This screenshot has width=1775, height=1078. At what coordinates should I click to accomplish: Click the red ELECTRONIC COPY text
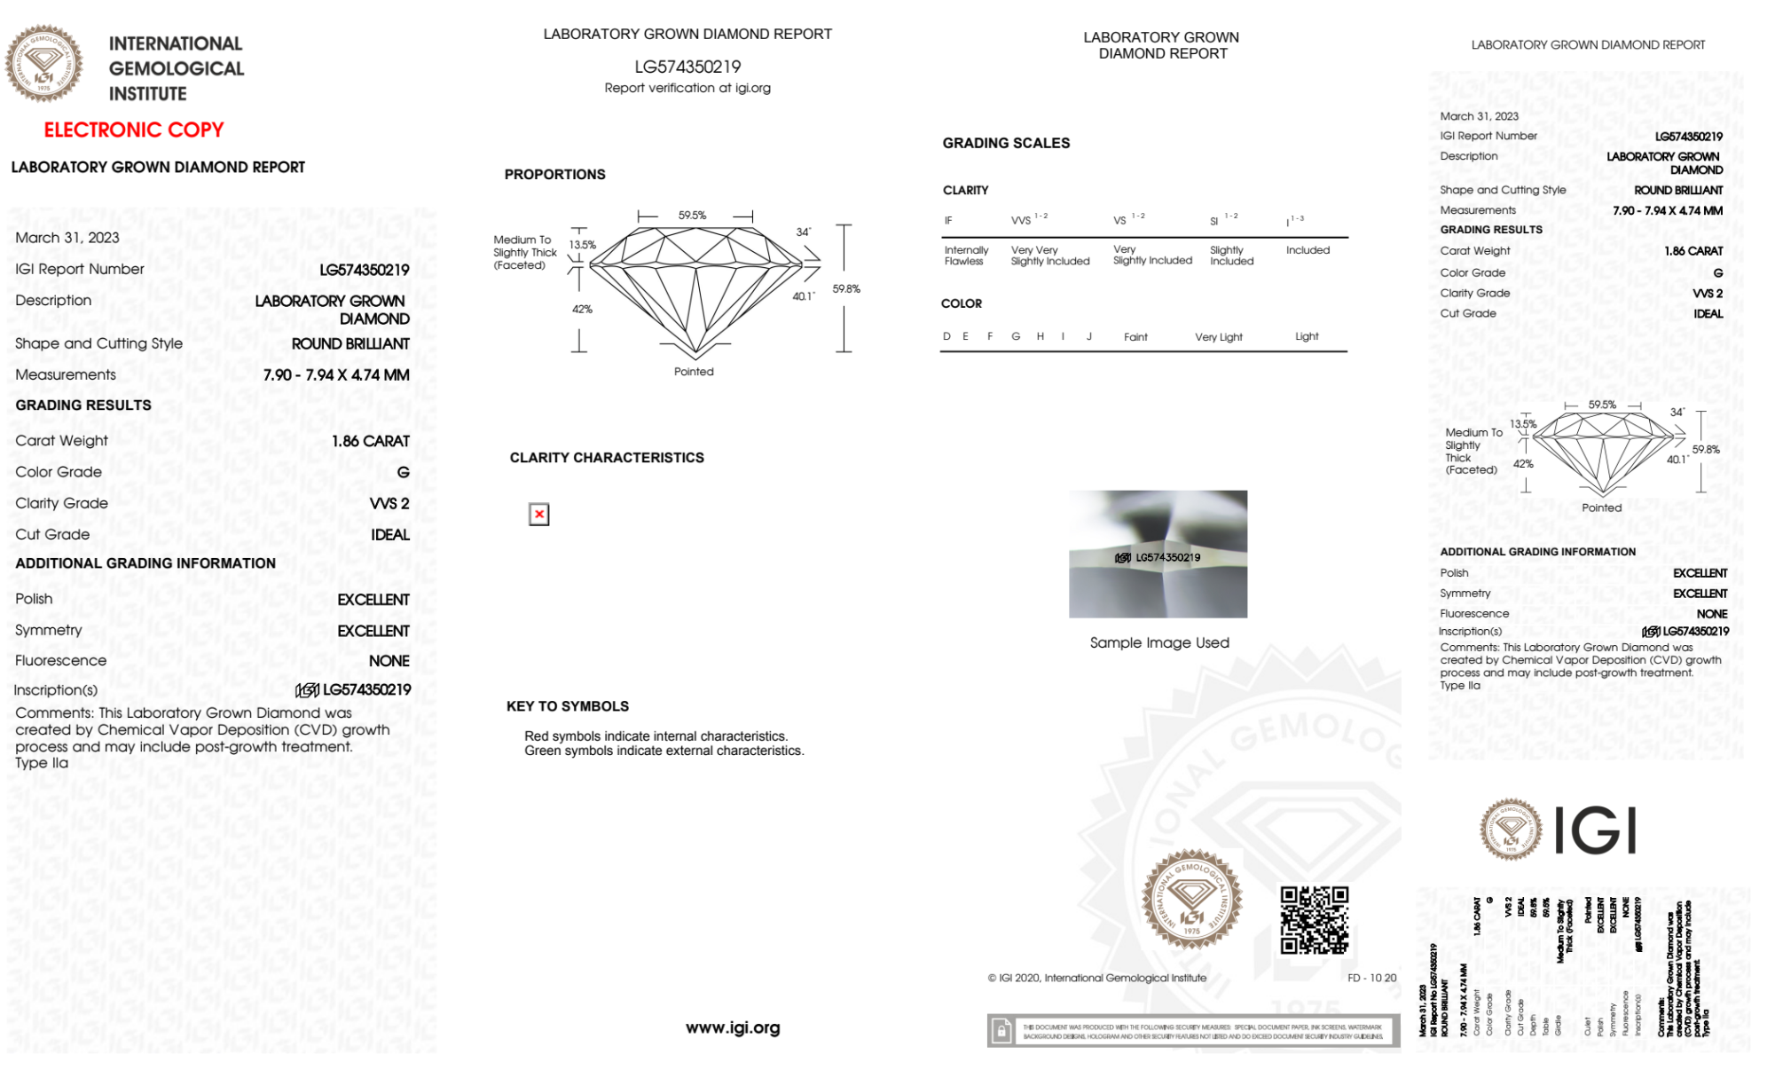pos(133,130)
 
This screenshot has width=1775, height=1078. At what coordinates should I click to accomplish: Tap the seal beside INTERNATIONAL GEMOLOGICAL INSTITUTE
pos(43,64)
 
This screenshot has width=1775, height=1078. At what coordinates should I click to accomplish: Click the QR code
pos(1314,920)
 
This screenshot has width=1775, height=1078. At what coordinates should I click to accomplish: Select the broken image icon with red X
pos(538,515)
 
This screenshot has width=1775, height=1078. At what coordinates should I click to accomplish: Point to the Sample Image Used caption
pos(1158,642)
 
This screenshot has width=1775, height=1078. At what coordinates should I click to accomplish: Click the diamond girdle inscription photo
pos(1158,554)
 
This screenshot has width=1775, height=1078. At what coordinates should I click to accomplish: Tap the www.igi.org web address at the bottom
pos(733,1027)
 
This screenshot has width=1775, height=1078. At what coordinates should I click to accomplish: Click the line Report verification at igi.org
pos(687,88)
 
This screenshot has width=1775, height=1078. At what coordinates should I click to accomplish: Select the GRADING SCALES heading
pos(1006,143)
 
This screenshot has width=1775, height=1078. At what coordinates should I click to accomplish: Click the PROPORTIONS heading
pos(554,175)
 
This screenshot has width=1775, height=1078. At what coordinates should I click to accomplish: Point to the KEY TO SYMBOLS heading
pos(567,706)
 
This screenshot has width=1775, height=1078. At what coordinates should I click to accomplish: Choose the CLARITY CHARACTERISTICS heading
pos(607,458)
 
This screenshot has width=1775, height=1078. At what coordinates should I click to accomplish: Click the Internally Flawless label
pos(965,256)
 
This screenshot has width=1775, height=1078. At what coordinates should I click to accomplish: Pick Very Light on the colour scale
pos(1218,337)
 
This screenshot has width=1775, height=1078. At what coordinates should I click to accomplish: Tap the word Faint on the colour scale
pos(1135,337)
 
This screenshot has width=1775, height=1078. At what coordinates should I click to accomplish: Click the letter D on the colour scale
pos(946,336)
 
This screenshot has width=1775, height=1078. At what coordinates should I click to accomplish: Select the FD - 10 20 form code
pos(1371,978)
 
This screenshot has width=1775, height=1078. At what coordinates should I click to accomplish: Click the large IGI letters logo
pos(1596,830)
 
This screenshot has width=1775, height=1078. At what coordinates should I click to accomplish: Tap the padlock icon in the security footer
pos(1001,1031)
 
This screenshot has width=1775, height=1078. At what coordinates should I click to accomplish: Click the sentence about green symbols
pos(664,751)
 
